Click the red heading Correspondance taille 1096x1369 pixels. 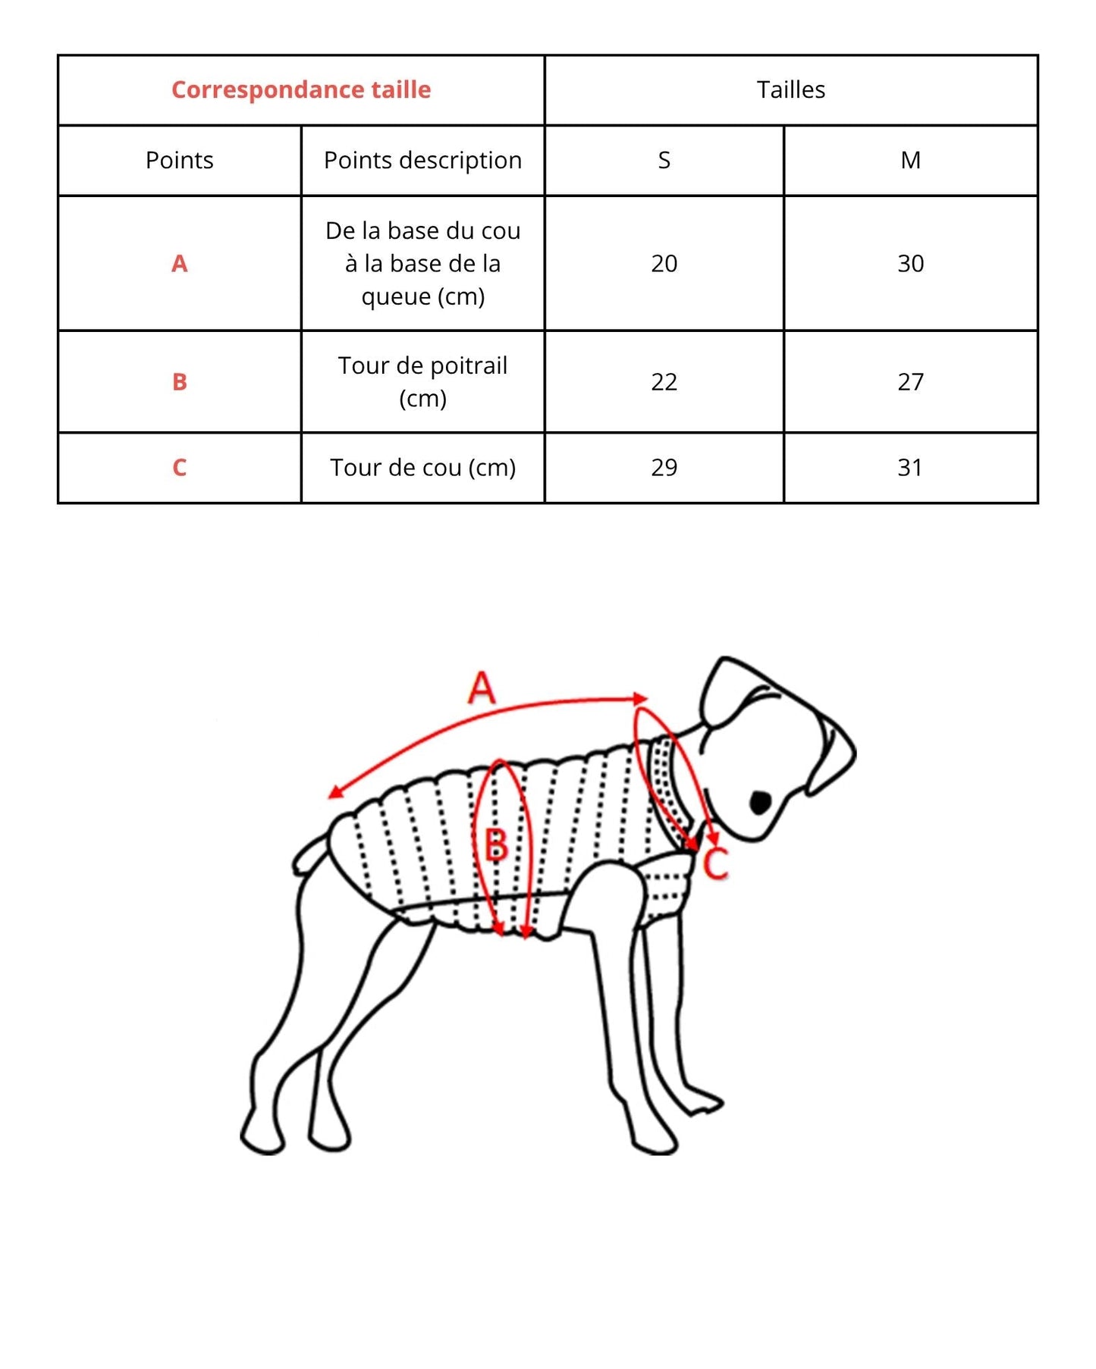(x=301, y=89)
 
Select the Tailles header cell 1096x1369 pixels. (x=790, y=89)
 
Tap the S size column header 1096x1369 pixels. (x=664, y=160)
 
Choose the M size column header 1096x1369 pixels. (x=910, y=160)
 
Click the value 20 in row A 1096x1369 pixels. (x=664, y=263)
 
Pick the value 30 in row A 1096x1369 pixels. (x=910, y=263)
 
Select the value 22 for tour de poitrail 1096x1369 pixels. (x=664, y=381)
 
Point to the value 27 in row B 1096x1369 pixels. (x=910, y=381)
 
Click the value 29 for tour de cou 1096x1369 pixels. (x=664, y=467)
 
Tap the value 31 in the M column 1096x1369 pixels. (x=910, y=467)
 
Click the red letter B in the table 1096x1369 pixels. (x=179, y=381)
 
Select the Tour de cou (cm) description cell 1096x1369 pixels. (x=422, y=467)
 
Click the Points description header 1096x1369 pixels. (x=422, y=160)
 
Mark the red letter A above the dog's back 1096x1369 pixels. (x=482, y=688)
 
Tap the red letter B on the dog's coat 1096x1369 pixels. (x=495, y=844)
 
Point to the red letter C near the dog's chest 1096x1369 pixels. (x=715, y=863)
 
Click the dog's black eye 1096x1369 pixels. (x=760, y=802)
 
